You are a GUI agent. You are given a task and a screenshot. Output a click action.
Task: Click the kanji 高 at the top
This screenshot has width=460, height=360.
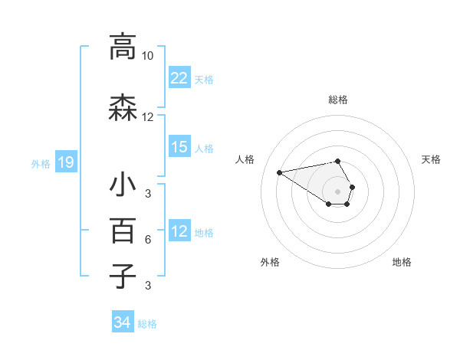(123, 47)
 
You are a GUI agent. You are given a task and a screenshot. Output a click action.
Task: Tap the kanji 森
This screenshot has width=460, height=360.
(123, 108)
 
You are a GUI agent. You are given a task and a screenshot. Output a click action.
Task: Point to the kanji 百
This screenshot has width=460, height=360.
(123, 231)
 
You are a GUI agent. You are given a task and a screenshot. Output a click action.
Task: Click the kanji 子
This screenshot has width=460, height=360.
(123, 277)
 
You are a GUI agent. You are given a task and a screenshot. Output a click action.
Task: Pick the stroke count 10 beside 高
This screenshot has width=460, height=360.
(148, 56)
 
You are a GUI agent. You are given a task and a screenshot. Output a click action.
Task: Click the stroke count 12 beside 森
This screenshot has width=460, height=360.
(148, 117)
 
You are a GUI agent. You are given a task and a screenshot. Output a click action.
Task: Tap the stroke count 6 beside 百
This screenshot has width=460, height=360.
(148, 240)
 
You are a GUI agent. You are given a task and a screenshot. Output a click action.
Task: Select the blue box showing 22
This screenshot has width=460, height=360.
(179, 78)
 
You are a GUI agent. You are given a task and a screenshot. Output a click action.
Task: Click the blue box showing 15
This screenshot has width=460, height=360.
(179, 147)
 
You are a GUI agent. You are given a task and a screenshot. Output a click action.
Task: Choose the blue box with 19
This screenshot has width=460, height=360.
(65, 162)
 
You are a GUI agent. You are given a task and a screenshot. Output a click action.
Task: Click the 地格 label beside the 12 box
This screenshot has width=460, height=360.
(204, 232)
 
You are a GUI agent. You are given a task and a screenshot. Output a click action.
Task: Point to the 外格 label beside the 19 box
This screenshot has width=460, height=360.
(41, 163)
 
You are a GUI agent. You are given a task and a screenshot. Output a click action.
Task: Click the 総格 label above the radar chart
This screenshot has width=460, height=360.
(338, 100)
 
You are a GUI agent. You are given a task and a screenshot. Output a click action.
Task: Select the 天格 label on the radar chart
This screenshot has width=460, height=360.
(431, 159)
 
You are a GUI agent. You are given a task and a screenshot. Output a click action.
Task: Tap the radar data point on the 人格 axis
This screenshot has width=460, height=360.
(280, 172)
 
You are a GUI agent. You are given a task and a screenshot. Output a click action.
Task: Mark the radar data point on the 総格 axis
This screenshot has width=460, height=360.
(338, 162)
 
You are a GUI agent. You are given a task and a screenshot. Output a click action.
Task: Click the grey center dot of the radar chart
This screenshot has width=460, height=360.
(338, 191)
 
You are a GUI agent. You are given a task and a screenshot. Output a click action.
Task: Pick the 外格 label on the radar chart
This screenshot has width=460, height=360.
(270, 262)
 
